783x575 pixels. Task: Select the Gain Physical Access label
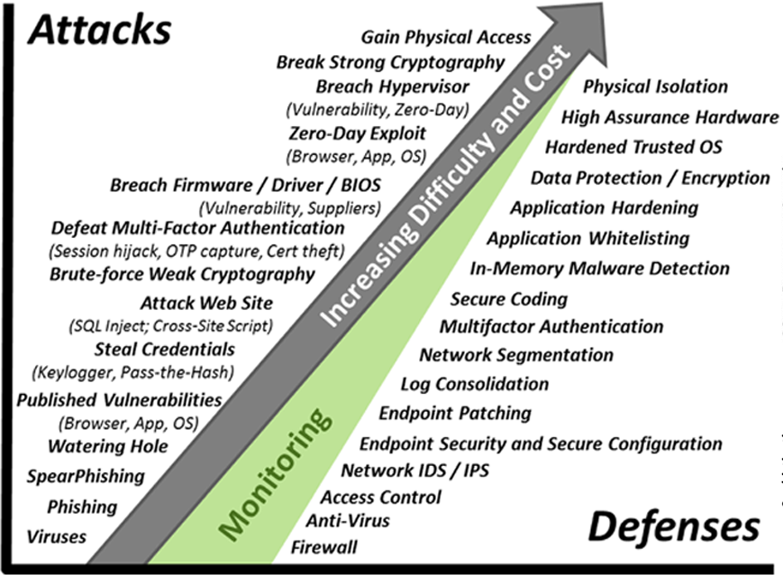click(446, 38)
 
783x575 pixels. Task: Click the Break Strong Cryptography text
click(390, 62)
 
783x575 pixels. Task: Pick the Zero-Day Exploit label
click(358, 134)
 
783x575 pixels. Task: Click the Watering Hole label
click(94, 445)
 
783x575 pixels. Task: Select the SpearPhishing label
click(86, 475)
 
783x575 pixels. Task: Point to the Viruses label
click(57, 536)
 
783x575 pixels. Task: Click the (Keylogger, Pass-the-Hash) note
click(133, 371)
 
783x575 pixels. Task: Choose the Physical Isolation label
click(655, 87)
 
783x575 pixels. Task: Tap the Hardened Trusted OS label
click(633, 146)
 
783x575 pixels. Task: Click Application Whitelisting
click(587, 238)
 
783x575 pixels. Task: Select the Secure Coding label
click(509, 299)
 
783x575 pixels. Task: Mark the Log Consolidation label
click(475, 384)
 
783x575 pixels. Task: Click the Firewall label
click(323, 546)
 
